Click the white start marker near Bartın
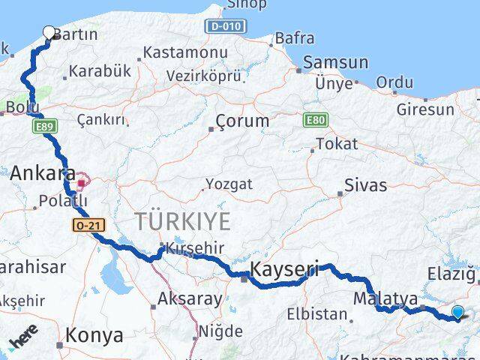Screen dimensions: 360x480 49,32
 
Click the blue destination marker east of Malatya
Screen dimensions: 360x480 457,313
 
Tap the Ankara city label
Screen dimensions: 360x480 41,173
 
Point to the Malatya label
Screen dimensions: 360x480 385,298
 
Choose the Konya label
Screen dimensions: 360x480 94,334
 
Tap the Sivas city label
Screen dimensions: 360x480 366,184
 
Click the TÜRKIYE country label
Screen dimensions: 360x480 181,220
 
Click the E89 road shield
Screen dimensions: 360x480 41,128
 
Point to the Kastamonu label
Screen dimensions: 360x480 184,52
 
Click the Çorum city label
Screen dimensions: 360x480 241,121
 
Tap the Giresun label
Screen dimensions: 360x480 426,109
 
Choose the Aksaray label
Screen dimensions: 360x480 190,299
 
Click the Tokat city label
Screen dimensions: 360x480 337,144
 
